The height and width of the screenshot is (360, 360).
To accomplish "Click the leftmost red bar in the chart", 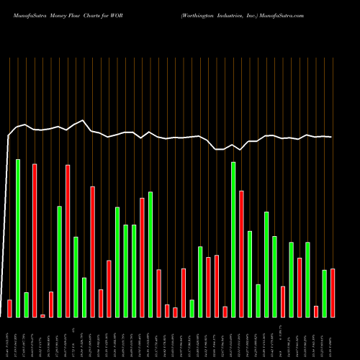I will click(9, 308).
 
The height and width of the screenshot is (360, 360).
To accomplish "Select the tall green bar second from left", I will click(18, 238).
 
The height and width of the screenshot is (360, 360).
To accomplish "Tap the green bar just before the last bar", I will click(324, 293).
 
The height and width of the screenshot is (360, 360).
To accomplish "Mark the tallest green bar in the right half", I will click(233, 239).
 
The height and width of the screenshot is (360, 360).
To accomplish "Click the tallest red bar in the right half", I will click(241, 253).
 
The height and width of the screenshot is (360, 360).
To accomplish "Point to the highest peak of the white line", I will click(84, 120).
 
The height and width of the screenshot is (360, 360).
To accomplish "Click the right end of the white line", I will click(332, 137).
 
